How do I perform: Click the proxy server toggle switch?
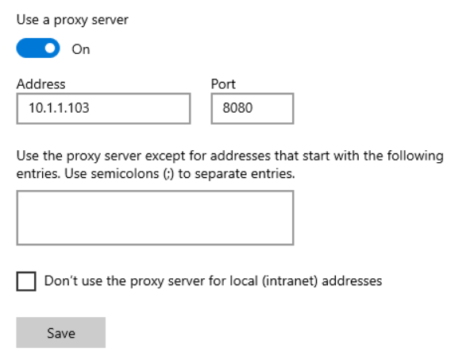(x=38, y=48)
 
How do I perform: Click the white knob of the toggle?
(x=50, y=48)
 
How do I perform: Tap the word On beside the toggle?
(x=81, y=49)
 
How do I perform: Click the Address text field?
(x=103, y=109)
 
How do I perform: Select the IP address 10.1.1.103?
(x=59, y=108)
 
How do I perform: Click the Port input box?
(x=252, y=109)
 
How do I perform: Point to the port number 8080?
(x=237, y=108)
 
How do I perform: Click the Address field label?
(x=40, y=84)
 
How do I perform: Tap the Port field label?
(x=223, y=84)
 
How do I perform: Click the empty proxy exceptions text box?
(x=155, y=218)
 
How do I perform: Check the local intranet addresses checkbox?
(x=26, y=281)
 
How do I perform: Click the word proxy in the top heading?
(x=71, y=21)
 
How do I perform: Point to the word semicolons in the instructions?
(x=125, y=174)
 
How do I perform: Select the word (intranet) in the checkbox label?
(x=290, y=281)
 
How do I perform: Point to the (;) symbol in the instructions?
(x=168, y=174)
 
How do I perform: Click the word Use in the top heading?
(x=28, y=20)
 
